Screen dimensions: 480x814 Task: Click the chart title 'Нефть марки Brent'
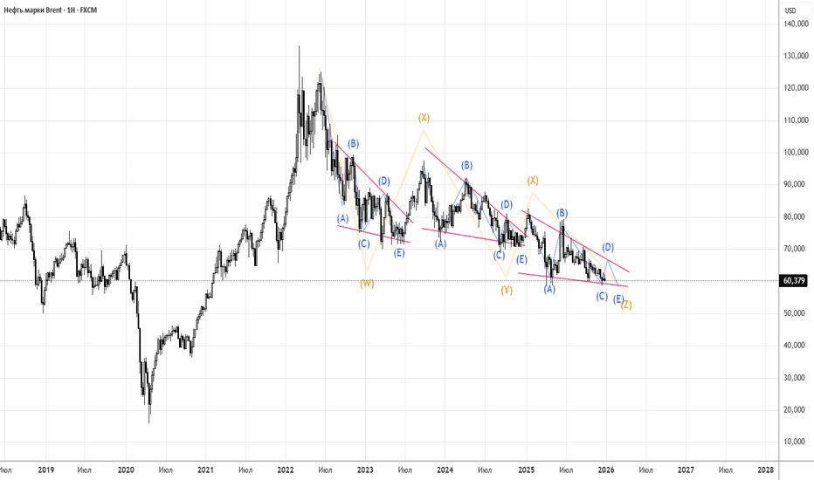click(38, 8)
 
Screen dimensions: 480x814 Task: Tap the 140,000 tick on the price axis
click(794, 24)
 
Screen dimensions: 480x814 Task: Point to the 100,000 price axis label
click(794, 153)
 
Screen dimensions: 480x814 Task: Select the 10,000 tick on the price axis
click(796, 442)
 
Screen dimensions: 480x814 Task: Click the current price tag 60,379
click(794, 281)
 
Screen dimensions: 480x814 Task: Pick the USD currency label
click(791, 10)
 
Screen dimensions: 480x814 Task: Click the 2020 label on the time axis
click(125, 470)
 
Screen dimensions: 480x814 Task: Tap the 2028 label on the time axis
click(766, 470)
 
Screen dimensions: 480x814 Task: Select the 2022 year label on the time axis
click(286, 470)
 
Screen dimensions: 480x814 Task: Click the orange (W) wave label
click(368, 284)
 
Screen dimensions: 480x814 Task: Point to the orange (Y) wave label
click(507, 291)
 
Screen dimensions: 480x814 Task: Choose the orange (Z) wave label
click(626, 305)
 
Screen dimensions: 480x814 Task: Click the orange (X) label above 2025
click(532, 181)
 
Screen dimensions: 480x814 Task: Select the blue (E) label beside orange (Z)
click(617, 299)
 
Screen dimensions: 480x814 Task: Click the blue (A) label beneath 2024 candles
click(441, 245)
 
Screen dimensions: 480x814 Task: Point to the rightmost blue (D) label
click(608, 248)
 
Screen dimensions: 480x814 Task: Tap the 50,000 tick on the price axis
click(796, 313)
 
